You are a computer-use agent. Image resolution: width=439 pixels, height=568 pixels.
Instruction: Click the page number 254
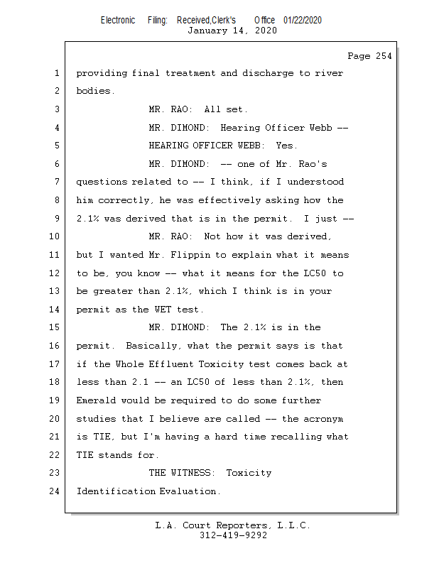coord(380,56)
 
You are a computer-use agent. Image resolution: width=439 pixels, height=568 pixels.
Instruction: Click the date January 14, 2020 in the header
coord(232,31)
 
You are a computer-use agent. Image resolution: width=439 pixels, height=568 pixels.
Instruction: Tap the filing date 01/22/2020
coord(302,20)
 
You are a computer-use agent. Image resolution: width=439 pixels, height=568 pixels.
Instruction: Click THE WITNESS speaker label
coord(182,473)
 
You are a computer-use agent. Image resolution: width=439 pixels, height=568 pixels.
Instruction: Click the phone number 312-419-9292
coord(233,536)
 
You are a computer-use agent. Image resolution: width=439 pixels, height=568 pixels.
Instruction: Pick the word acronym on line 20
coord(324,419)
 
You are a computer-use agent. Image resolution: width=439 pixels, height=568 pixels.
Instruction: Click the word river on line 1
coord(330,73)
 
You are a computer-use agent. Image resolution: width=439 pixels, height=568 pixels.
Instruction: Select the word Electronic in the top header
coord(118,20)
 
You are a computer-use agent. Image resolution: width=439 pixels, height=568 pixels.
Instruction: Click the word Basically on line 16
coord(151,346)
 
